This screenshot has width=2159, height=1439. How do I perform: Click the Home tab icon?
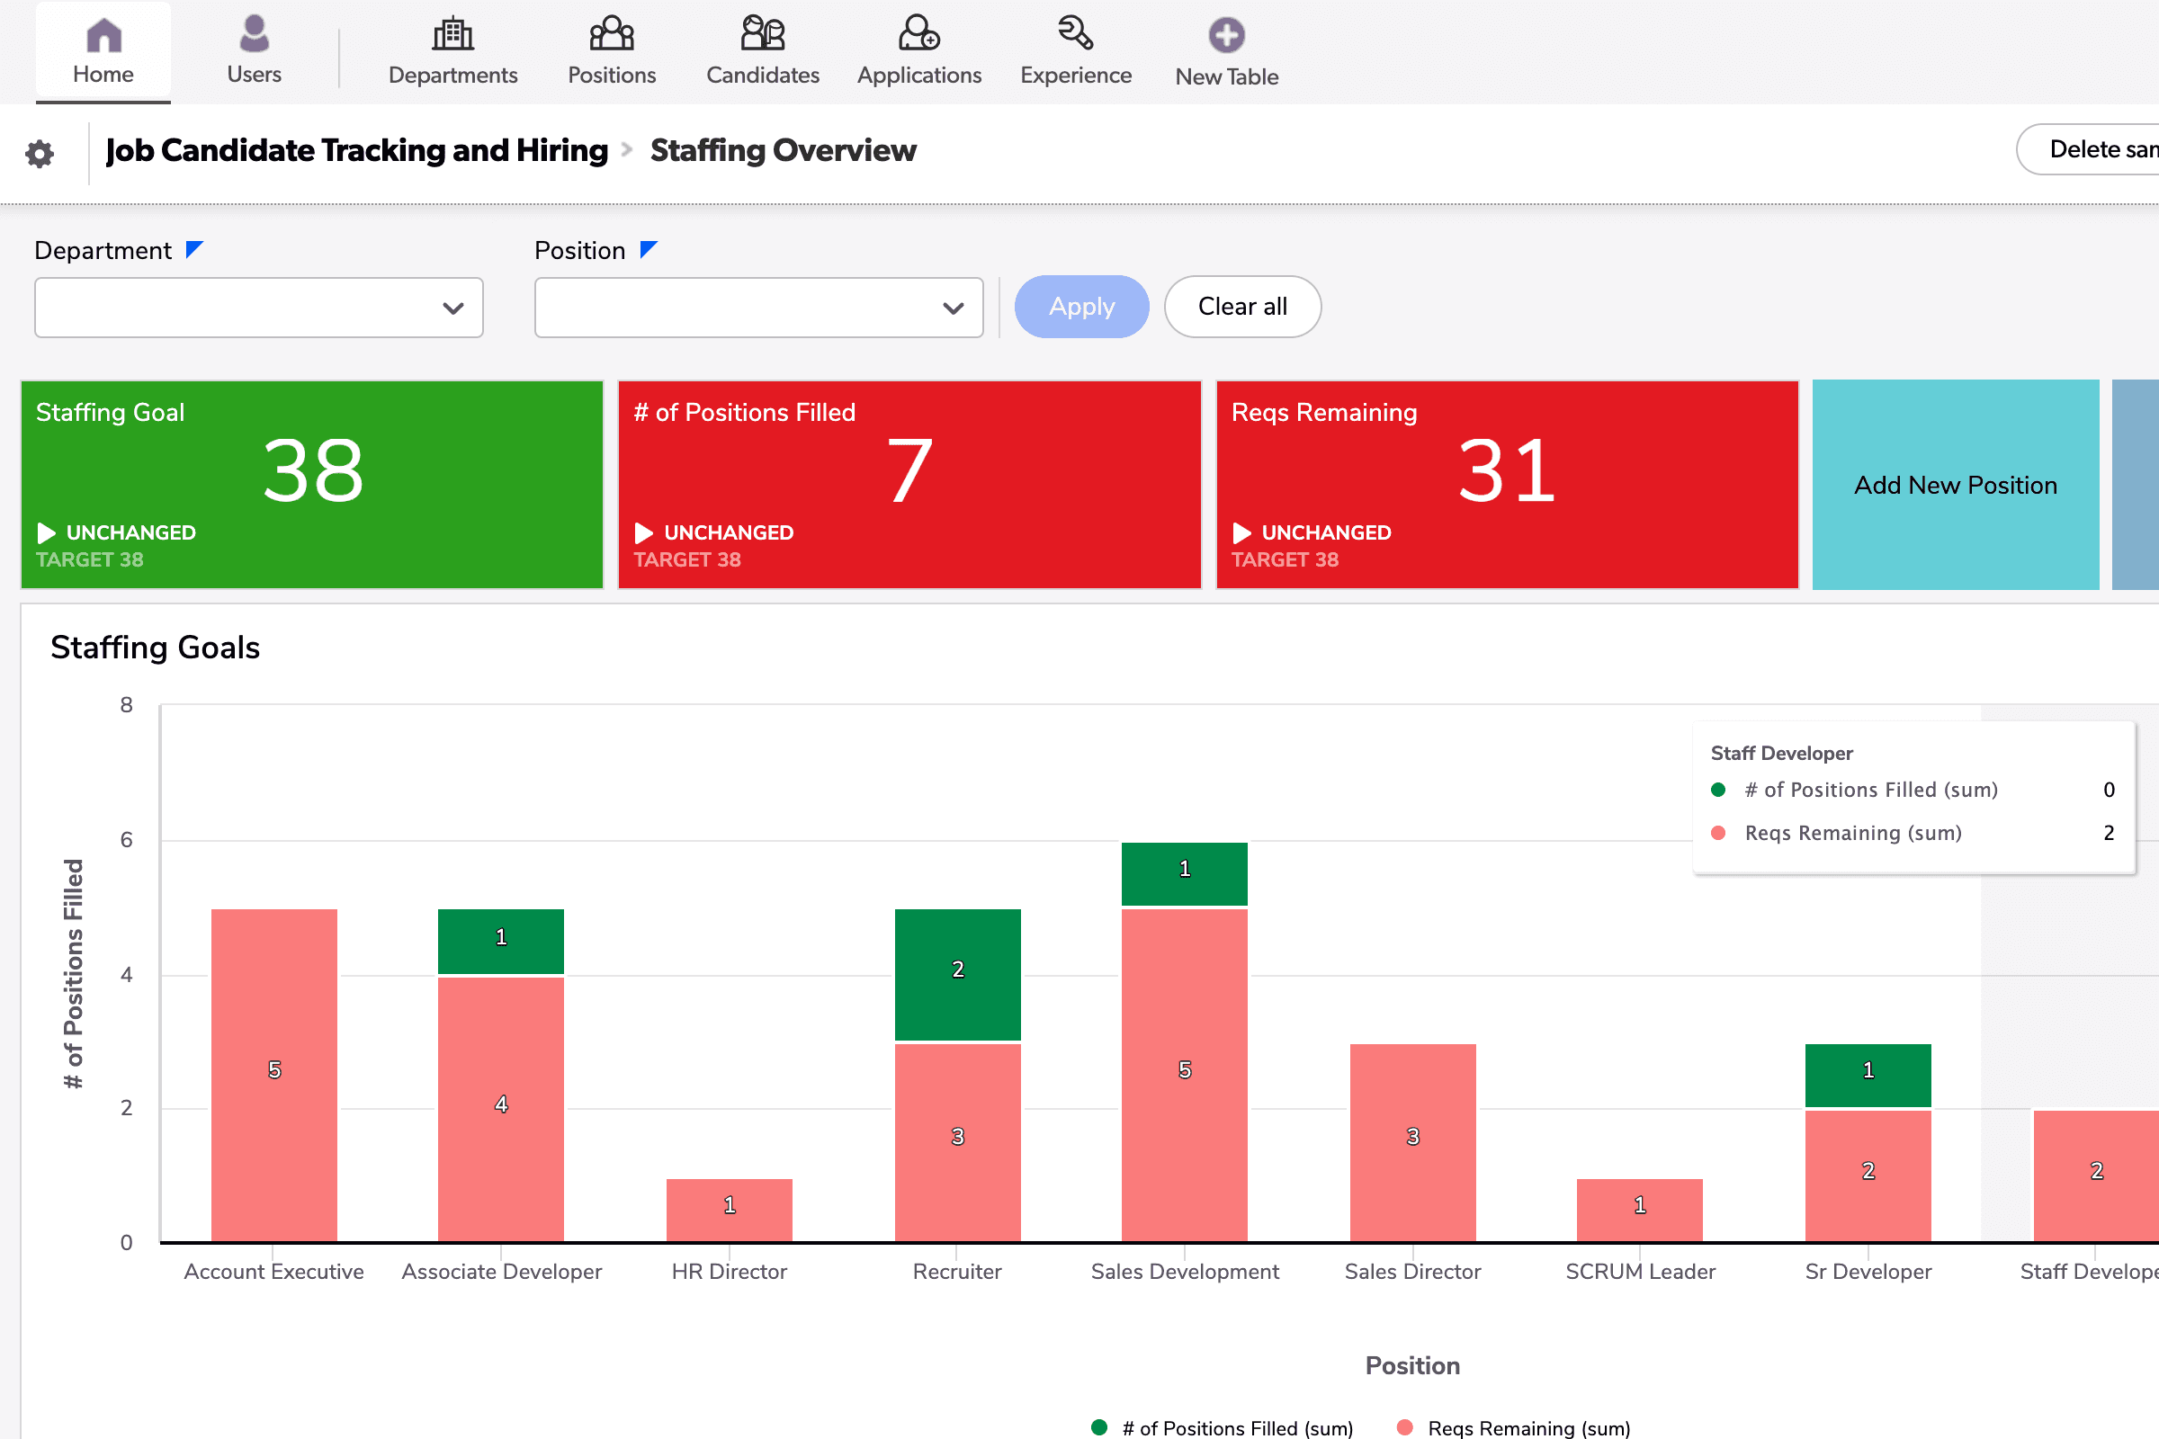tap(103, 36)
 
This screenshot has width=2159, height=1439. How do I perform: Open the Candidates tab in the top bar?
tap(762, 51)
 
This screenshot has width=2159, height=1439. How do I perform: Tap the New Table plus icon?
tap(1226, 36)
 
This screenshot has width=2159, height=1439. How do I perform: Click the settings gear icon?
tap(40, 153)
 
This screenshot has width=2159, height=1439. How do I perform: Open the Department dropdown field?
tap(258, 308)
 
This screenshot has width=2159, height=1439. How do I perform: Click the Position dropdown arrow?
tap(953, 308)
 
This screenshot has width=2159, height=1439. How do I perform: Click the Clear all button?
tap(1242, 307)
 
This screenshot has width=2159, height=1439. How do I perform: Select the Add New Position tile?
tap(1955, 485)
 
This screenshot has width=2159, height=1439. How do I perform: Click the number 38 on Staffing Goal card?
tap(313, 470)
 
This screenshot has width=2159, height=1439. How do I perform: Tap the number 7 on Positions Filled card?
tap(909, 470)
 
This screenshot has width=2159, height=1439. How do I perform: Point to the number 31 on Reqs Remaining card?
tap(1506, 470)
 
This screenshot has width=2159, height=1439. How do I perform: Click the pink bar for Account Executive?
tap(273, 1074)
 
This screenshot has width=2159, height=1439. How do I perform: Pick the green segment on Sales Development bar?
tap(1184, 871)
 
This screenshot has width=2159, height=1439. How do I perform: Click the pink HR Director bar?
tap(729, 1209)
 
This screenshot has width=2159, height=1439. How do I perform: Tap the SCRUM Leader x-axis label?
tap(1639, 1271)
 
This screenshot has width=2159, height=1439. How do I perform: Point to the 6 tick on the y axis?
tap(127, 840)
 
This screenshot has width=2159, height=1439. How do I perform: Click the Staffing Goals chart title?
tap(155, 647)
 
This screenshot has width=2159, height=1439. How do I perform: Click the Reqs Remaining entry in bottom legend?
tap(1527, 1427)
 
